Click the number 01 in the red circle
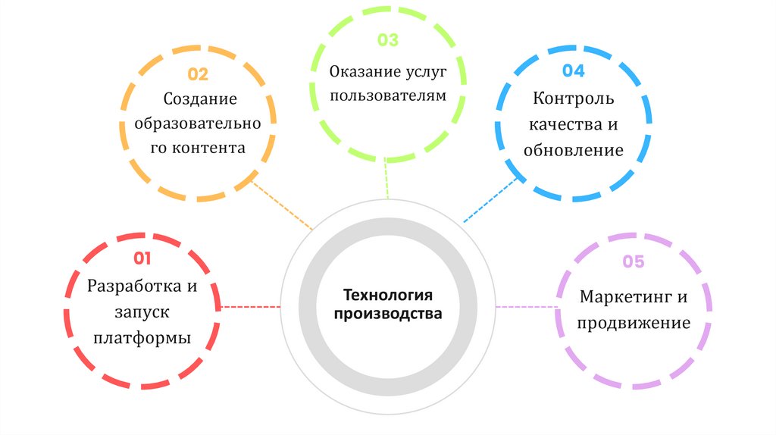click(x=142, y=259)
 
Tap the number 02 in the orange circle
click(x=198, y=74)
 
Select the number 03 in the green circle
click(x=387, y=41)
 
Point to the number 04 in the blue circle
click(x=573, y=71)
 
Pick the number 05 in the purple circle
click(x=634, y=262)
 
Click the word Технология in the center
click(x=388, y=295)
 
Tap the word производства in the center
click(x=388, y=314)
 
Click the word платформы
click(x=142, y=338)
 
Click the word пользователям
click(x=388, y=96)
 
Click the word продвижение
click(x=634, y=324)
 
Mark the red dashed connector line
click(x=250, y=306)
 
